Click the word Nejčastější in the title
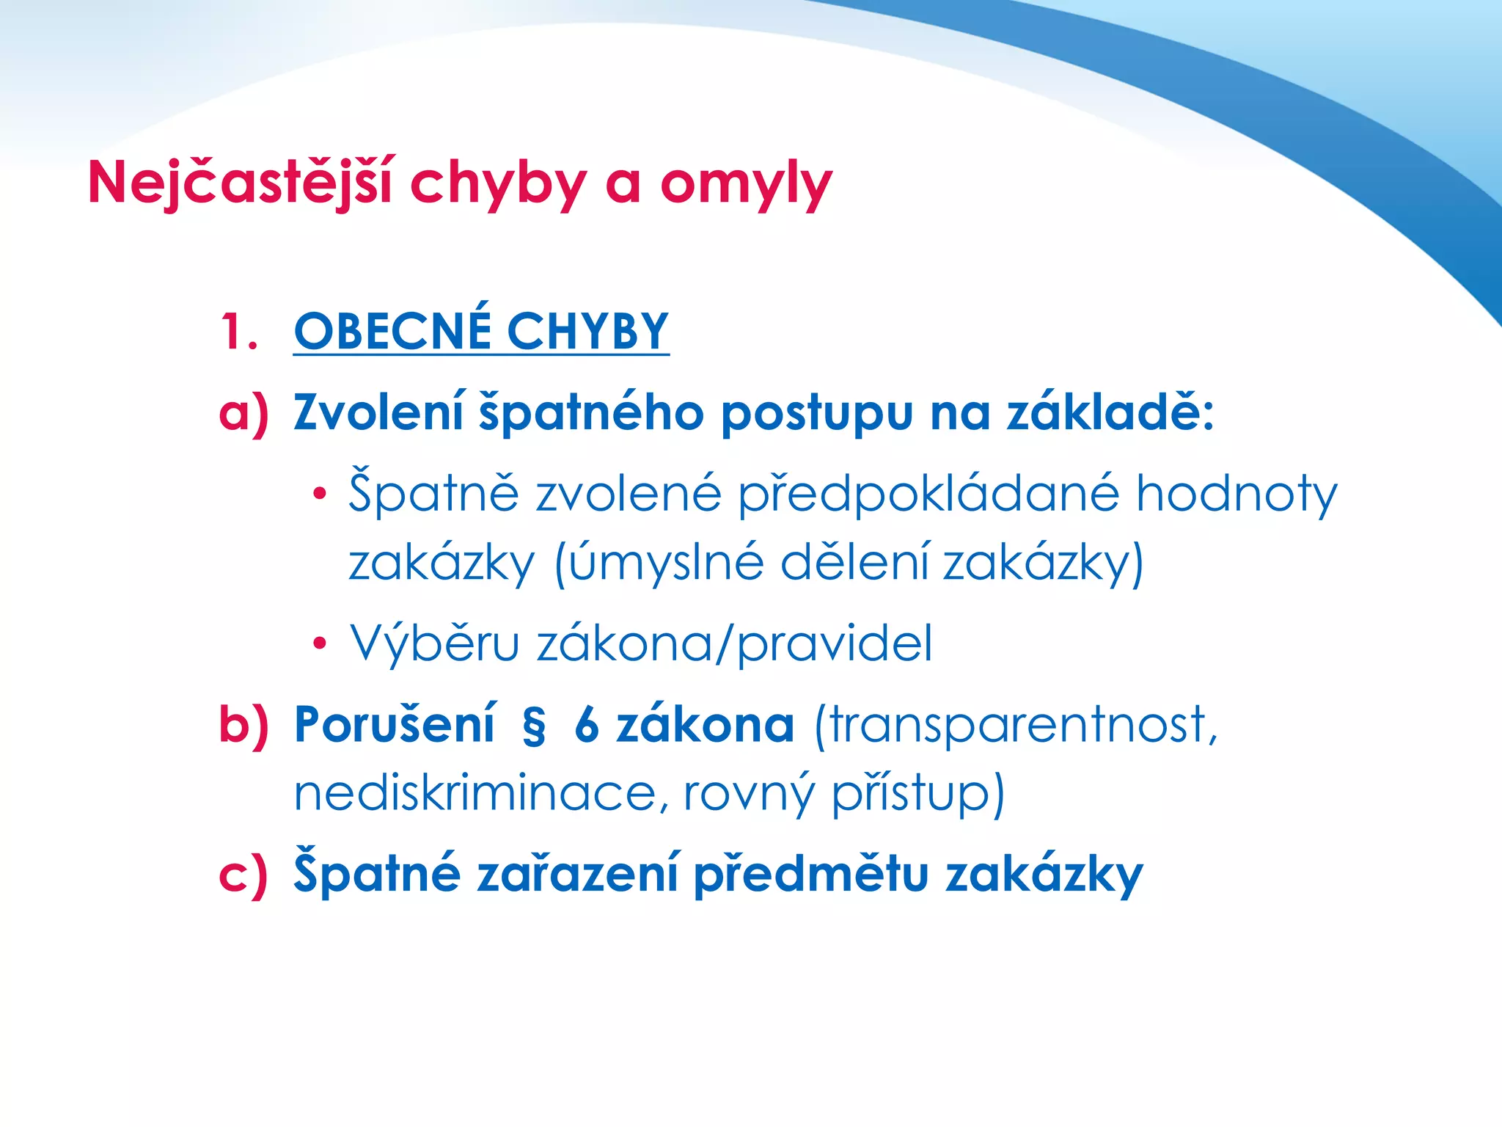click(240, 183)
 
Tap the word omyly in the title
click(746, 185)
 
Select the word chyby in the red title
click(498, 185)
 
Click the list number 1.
click(238, 332)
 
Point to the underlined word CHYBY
click(587, 332)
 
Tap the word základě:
click(1110, 412)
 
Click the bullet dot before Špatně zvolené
click(318, 494)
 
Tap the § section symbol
click(534, 726)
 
